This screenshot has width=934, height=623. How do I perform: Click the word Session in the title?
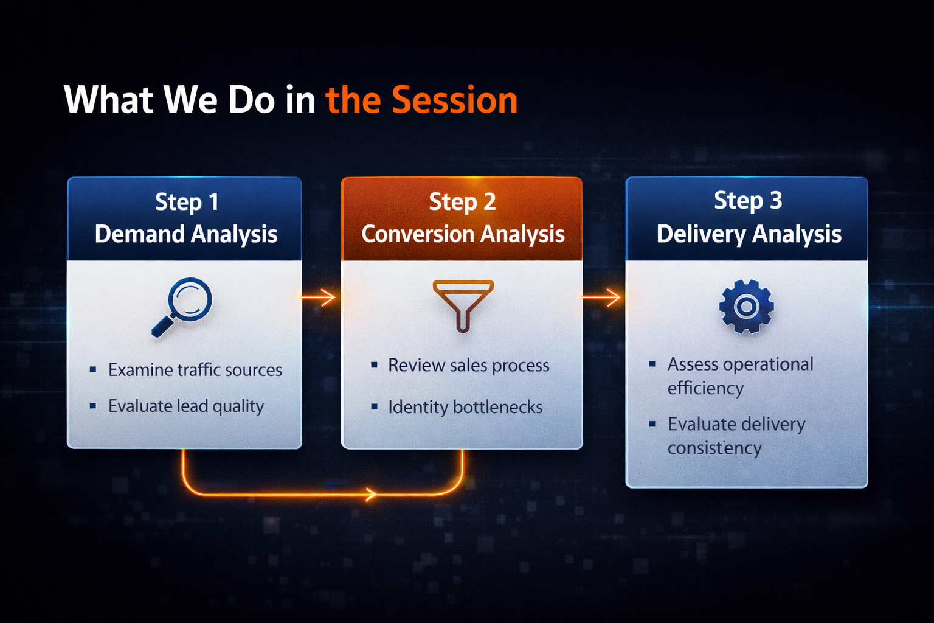pyautogui.click(x=454, y=100)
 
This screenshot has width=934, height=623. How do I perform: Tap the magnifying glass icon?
pyautogui.click(x=183, y=306)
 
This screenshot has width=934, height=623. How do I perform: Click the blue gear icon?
pyautogui.click(x=746, y=307)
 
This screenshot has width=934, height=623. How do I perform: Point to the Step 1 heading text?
pyautogui.click(x=187, y=202)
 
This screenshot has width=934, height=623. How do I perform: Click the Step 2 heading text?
pyautogui.click(x=462, y=202)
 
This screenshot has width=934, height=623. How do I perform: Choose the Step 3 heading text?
pyautogui.click(x=748, y=201)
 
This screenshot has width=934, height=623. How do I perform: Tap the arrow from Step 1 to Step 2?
pyautogui.click(x=319, y=298)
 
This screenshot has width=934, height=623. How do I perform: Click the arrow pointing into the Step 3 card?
pyautogui.click(x=602, y=298)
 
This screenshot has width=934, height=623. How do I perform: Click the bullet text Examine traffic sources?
pyautogui.click(x=195, y=370)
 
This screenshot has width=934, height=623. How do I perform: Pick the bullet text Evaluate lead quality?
pyautogui.click(x=186, y=406)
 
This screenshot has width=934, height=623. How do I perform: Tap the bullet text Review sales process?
pyautogui.click(x=468, y=366)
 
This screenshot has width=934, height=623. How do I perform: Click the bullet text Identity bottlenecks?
pyautogui.click(x=465, y=407)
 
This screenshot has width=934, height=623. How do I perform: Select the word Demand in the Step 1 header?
pyautogui.click(x=139, y=234)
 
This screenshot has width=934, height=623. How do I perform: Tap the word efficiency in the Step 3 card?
pyautogui.click(x=705, y=388)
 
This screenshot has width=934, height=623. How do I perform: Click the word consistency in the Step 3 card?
pyautogui.click(x=714, y=448)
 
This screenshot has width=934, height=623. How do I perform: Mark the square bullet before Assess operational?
pyautogui.click(x=652, y=364)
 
